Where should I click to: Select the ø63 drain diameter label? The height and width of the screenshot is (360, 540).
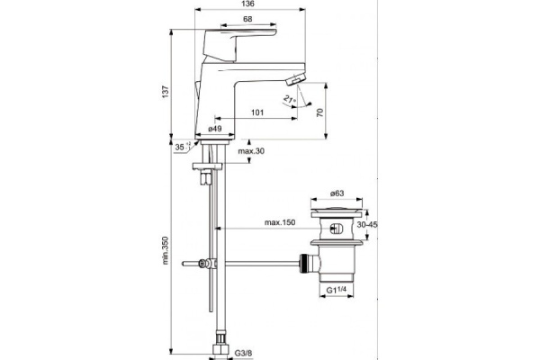[332, 193]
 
